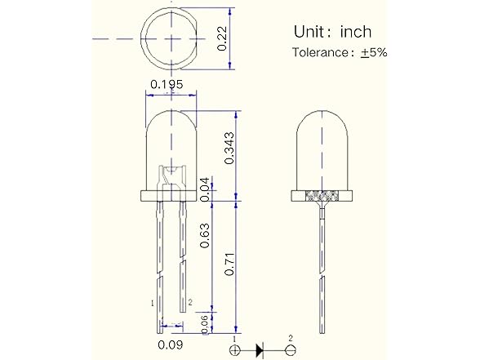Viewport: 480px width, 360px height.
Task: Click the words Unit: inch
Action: (x=332, y=32)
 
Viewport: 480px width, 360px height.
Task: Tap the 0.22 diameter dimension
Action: (x=223, y=38)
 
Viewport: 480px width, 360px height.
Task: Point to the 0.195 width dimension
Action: (x=167, y=84)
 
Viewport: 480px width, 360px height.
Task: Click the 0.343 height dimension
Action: (x=229, y=148)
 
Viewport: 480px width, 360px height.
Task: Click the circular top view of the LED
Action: (x=170, y=38)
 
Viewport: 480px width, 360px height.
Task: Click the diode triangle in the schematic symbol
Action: (x=260, y=350)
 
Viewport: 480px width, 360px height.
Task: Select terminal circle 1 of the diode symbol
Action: (x=235, y=350)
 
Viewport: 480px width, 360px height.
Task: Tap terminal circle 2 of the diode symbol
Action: (x=289, y=350)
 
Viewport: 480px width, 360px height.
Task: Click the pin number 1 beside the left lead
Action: (x=153, y=303)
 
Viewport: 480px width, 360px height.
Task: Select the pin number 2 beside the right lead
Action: (x=189, y=303)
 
